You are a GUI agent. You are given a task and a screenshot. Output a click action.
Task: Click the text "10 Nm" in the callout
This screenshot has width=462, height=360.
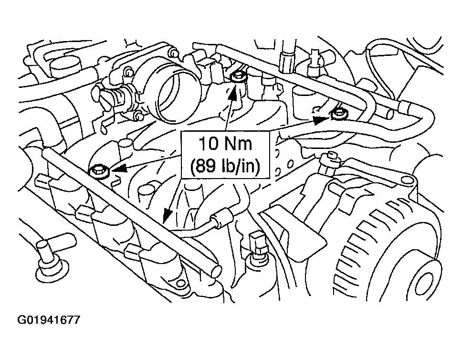pos(225,144)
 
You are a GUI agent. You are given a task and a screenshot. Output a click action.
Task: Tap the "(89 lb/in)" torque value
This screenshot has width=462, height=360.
pos(225,166)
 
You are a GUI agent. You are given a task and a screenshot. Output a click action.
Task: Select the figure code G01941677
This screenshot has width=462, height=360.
pos(49,320)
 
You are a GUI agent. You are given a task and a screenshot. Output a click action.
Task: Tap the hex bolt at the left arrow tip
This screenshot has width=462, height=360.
pos(100,171)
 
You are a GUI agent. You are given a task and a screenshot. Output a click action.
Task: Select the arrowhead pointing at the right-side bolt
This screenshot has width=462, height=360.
pos(321,120)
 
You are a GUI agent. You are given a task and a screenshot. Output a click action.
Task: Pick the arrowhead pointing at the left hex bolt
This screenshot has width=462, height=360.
pos(118,169)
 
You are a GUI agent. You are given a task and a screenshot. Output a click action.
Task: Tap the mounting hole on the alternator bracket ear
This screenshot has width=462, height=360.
pos(407,180)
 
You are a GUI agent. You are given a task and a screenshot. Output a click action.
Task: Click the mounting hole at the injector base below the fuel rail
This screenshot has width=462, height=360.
pos(179,283)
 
